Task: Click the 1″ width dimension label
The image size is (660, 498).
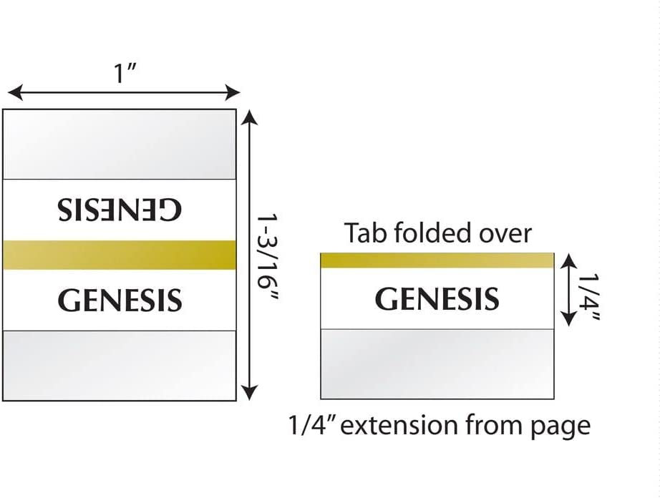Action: pyautogui.click(x=125, y=73)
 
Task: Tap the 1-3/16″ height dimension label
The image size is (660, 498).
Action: pyautogui.click(x=268, y=258)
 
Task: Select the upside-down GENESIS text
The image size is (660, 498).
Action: pyautogui.click(x=120, y=210)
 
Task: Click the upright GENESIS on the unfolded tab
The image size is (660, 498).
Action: pyautogui.click(x=120, y=300)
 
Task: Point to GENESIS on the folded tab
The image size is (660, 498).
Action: pyautogui.click(x=437, y=298)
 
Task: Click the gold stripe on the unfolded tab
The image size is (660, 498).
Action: pyautogui.click(x=120, y=255)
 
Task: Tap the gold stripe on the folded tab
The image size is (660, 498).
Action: pyautogui.click(x=437, y=260)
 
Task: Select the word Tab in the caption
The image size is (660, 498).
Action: pyautogui.click(x=365, y=233)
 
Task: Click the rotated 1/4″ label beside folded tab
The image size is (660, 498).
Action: pyautogui.click(x=588, y=296)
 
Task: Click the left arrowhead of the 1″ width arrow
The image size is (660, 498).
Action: pyautogui.click(x=15, y=92)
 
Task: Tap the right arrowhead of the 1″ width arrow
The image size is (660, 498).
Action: pyautogui.click(x=233, y=92)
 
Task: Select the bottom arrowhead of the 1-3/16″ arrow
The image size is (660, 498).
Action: pyautogui.click(x=250, y=393)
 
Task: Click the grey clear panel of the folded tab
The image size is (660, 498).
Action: pyautogui.click(x=437, y=363)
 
